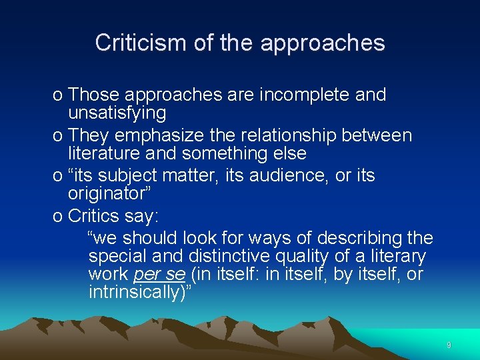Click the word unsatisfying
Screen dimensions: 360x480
click(x=117, y=113)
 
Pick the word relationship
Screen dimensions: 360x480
click(x=285, y=136)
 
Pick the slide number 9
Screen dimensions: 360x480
click(x=449, y=345)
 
